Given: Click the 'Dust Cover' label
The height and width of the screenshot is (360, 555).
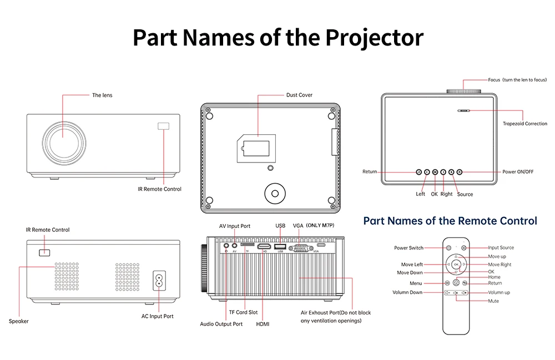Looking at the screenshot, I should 299,95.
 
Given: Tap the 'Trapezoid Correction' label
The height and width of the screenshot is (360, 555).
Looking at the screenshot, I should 524,124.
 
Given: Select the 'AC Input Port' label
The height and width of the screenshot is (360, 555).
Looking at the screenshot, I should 157,316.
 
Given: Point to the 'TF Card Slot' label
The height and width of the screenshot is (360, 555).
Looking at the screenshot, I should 243,312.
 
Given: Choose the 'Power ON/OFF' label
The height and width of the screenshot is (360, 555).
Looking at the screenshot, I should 518,172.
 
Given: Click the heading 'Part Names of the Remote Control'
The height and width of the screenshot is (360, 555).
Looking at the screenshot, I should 450,221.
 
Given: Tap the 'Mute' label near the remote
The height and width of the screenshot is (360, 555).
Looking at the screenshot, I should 493,301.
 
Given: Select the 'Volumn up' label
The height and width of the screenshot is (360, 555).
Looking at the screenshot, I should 499,292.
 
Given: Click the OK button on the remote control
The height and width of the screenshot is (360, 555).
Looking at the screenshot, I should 456,265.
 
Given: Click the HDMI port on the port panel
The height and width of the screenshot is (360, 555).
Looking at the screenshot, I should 265,246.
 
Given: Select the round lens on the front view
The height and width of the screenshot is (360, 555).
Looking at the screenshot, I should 62,140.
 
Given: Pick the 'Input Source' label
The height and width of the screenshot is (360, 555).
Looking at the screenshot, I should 501,248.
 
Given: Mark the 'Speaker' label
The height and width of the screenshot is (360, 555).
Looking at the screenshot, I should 18,321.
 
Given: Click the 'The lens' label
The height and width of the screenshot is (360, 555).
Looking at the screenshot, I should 102,95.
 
